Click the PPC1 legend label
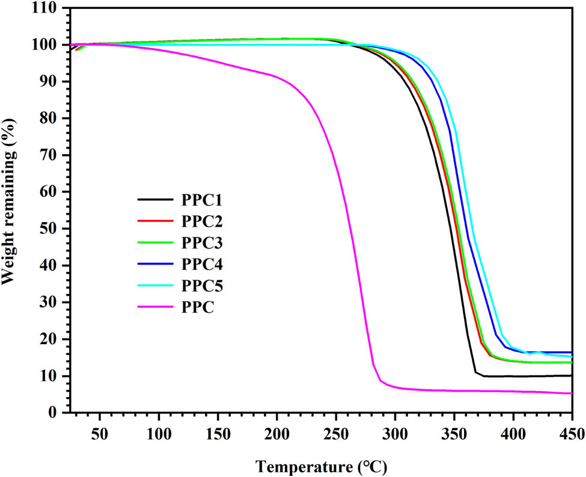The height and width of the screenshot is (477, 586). [201, 198]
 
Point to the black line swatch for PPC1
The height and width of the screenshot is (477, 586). [155, 198]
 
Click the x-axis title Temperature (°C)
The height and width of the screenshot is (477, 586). [320, 465]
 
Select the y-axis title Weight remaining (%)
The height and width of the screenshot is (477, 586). [10, 211]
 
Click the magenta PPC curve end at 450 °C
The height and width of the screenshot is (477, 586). [571, 393]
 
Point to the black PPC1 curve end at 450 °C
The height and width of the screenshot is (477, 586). [571, 375]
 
